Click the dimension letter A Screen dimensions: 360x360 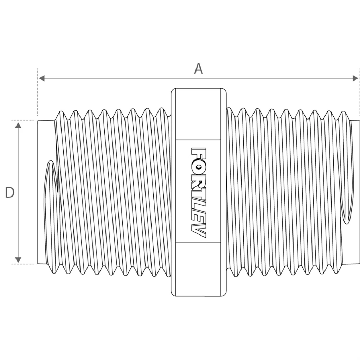pyautogui.click(x=199, y=69)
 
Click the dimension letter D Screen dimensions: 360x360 pyautogui.click(x=9, y=193)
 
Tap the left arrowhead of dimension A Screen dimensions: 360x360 pyautogui.click(x=42, y=78)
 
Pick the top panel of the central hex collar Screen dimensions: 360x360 pyautogui.click(x=199, y=114)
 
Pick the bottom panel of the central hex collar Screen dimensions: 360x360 pyautogui.click(x=199, y=269)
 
